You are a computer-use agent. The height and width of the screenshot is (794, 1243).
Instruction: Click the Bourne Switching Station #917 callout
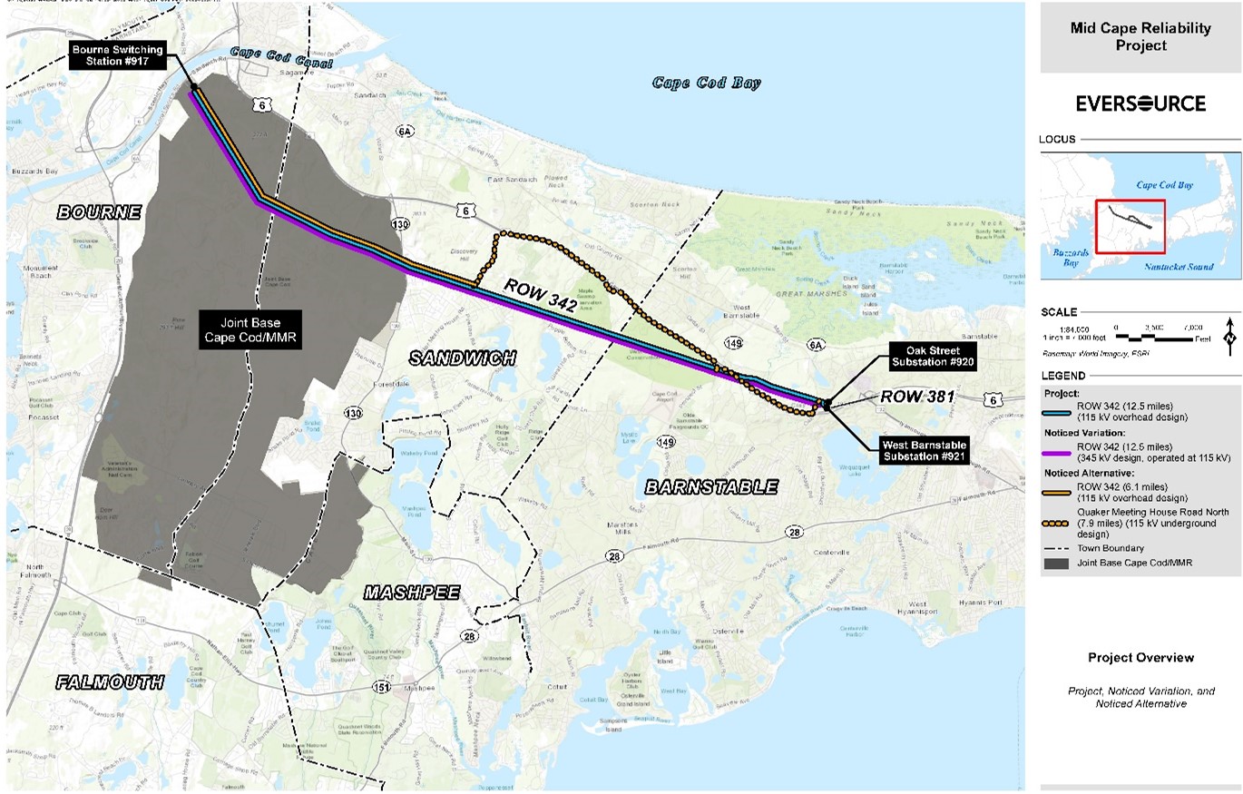click(119, 55)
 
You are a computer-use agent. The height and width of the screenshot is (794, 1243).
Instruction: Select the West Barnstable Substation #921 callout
click(924, 451)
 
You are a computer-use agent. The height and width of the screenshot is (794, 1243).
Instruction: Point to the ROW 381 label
click(916, 397)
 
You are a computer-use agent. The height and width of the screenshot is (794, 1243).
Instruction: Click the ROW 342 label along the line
click(542, 297)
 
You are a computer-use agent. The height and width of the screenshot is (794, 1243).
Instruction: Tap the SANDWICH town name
click(462, 358)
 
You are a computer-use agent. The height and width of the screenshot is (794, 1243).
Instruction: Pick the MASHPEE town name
click(412, 593)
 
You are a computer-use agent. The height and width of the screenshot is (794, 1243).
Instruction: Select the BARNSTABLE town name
click(711, 487)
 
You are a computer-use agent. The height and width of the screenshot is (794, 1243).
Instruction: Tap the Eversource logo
click(1140, 103)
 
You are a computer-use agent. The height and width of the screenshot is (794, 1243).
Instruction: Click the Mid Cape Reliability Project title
click(1140, 37)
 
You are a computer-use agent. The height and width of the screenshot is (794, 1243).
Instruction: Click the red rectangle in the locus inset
click(1130, 226)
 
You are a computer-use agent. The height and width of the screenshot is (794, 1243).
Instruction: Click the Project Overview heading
click(1140, 658)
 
